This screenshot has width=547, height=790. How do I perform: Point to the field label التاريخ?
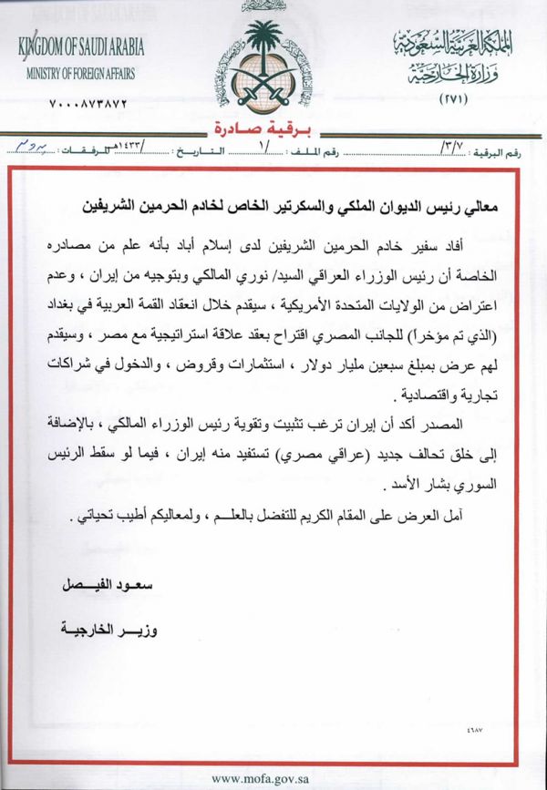220,146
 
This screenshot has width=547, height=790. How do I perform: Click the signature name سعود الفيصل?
99,581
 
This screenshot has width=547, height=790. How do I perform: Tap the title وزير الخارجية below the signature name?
99,628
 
